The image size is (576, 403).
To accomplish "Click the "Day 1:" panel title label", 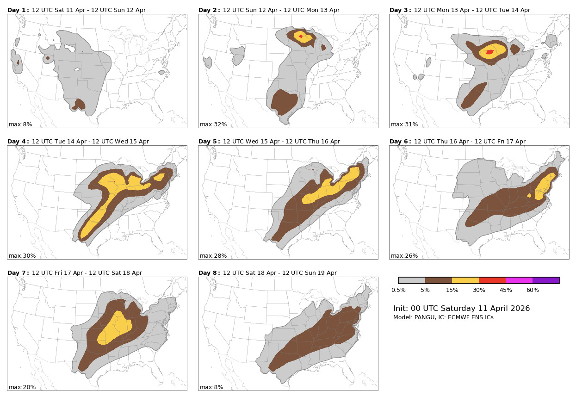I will click(18, 10).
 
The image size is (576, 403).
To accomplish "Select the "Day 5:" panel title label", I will click(209, 142).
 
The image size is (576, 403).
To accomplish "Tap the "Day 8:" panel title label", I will click(209, 273).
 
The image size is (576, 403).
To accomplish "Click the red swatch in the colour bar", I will click(492, 280).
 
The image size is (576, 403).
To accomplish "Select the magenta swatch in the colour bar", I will click(519, 280).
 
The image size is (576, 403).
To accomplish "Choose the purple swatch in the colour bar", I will click(546, 280).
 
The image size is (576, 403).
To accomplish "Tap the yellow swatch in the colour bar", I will click(465, 280).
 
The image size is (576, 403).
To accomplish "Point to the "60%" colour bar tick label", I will click(533, 290).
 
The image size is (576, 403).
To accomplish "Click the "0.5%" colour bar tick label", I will click(398, 290).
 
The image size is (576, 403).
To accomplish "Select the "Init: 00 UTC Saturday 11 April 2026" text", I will click(461, 309).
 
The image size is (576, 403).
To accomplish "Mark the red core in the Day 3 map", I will click(489, 52).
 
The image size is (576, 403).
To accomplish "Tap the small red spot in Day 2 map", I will click(301, 36).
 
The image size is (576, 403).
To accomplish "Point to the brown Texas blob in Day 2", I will click(284, 102).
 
